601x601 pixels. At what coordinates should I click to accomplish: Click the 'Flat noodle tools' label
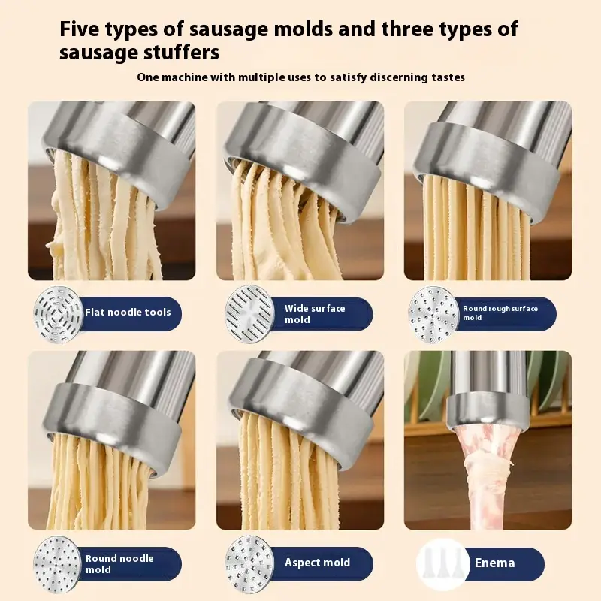pos(128,313)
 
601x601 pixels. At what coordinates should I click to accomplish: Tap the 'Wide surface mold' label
pos(315,314)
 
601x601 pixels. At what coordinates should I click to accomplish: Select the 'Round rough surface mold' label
pos(500,313)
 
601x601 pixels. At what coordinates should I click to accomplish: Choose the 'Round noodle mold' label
pos(119,564)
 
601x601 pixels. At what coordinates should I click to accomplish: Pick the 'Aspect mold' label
pos(317,563)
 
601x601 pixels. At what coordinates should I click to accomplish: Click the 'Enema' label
pos(494,563)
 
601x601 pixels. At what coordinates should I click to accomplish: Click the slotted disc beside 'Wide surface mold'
pos(249,314)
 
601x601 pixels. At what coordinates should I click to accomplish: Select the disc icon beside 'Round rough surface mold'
pos(433,315)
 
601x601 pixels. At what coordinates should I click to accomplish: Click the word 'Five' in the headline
pos(80,29)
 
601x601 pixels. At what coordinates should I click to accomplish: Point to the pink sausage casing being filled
pos(485,472)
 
